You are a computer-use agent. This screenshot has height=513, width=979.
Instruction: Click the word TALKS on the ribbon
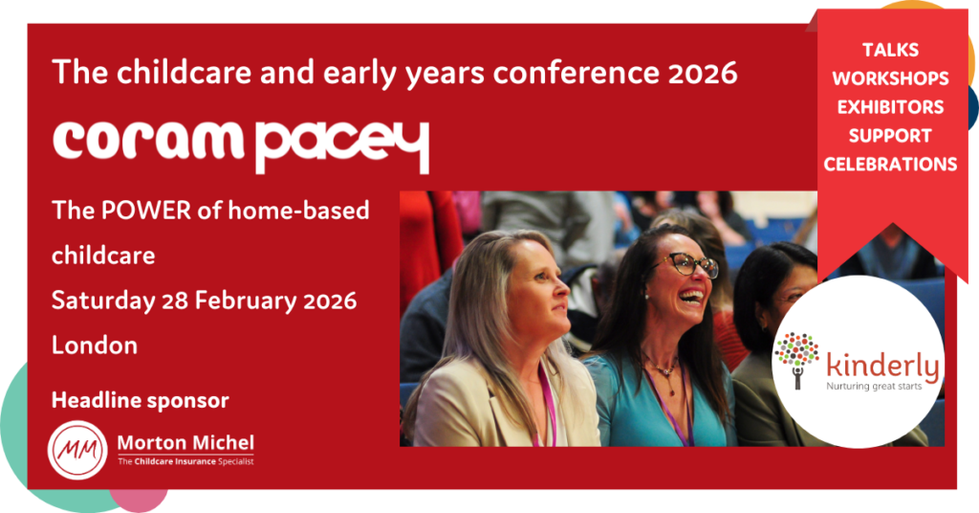(890, 49)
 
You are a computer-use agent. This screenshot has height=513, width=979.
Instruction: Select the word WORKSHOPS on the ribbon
(890, 78)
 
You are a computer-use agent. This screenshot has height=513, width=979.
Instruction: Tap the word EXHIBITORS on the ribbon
(890, 106)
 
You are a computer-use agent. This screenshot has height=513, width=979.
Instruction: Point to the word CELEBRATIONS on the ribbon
(890, 164)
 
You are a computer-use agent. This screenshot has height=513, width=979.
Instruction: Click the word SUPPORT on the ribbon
(890, 135)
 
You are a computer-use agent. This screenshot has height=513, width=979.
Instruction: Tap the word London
(95, 345)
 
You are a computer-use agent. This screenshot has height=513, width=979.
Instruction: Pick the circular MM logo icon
(79, 448)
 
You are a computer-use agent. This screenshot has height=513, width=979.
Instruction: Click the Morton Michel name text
(185, 442)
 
